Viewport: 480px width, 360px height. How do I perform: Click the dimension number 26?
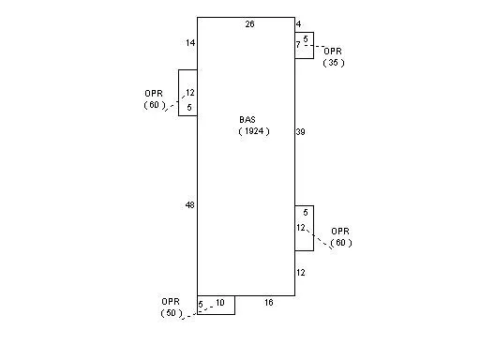tap(249, 24)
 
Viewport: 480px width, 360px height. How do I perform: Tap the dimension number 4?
tap(298, 24)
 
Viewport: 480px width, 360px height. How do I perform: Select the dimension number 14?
tap(190, 43)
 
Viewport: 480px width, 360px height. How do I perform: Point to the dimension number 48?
tap(190, 205)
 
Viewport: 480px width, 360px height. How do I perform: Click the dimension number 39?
tap(300, 132)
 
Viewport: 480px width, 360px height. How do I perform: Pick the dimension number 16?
tap(269, 303)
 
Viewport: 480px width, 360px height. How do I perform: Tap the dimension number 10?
tap(220, 303)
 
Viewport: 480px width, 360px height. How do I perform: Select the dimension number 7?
tap(298, 45)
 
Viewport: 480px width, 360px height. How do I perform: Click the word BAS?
tap(247, 120)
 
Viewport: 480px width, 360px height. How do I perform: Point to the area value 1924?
tap(254, 131)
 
